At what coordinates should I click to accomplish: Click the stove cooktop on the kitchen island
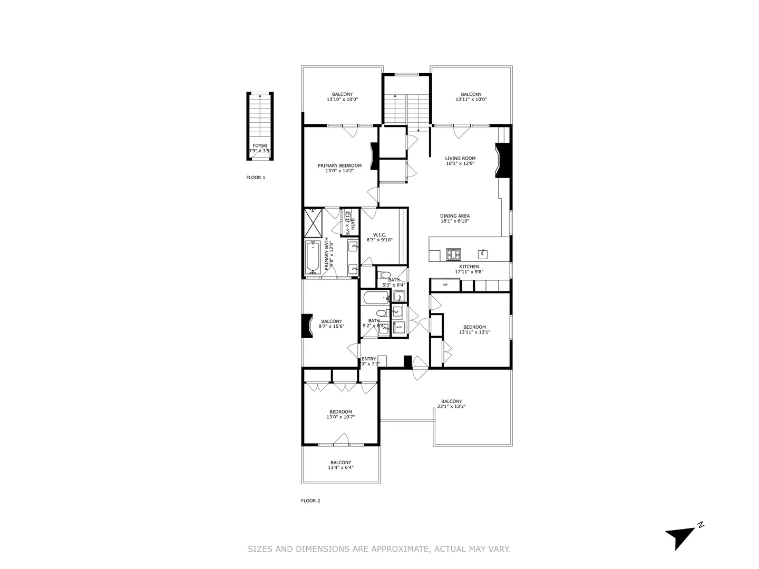pyautogui.click(x=453, y=254)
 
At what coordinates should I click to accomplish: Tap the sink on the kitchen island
pyautogui.click(x=484, y=254)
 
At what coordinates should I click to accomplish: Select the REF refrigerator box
pyautogui.click(x=445, y=285)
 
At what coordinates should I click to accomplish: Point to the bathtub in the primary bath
pyautogui.click(x=313, y=258)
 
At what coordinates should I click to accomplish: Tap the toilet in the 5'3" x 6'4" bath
pyautogui.click(x=385, y=275)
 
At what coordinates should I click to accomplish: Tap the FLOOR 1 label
pyautogui.click(x=256, y=178)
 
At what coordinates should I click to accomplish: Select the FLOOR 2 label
pyautogui.click(x=310, y=501)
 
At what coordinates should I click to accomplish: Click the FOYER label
pyautogui.click(x=259, y=145)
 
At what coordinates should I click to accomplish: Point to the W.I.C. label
pyautogui.click(x=379, y=235)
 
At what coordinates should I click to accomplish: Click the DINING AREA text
pyautogui.click(x=455, y=216)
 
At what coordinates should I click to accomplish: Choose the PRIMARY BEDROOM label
pyautogui.click(x=339, y=165)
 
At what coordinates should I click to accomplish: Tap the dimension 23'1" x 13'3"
pyautogui.click(x=451, y=406)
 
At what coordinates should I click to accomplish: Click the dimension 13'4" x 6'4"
pyautogui.click(x=340, y=467)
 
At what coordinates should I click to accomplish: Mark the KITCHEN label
pyautogui.click(x=469, y=267)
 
